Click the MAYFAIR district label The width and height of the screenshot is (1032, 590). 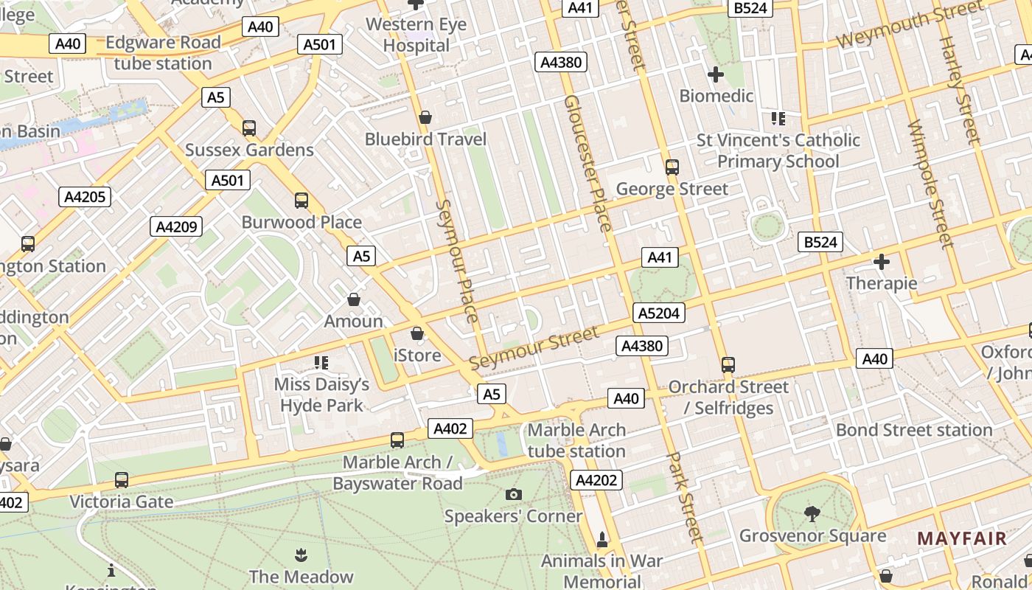[x=961, y=538]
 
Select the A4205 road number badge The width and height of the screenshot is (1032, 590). [x=85, y=197]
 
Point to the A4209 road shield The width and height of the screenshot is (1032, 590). [x=176, y=226]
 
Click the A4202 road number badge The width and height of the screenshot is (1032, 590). [x=596, y=480]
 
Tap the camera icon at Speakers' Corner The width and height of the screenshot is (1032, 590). [x=514, y=494]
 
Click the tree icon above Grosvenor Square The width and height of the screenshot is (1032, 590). [x=812, y=513]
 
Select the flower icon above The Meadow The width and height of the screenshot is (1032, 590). [x=301, y=554]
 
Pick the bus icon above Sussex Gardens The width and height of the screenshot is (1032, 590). [x=249, y=128]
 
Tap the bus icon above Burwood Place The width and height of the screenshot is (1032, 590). [x=301, y=200]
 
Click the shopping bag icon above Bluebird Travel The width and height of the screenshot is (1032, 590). [x=425, y=117]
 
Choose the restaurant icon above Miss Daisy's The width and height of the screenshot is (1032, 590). [x=321, y=362]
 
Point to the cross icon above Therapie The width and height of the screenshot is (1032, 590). [x=881, y=261]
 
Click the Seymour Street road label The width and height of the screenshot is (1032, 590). [x=534, y=348]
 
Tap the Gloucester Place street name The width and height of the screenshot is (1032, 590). [x=588, y=163]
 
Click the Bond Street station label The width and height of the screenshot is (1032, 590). [x=914, y=430]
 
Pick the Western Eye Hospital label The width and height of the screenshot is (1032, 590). [x=416, y=35]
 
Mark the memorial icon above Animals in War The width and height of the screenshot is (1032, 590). [x=602, y=540]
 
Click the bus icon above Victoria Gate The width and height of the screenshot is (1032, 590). [x=122, y=480]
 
